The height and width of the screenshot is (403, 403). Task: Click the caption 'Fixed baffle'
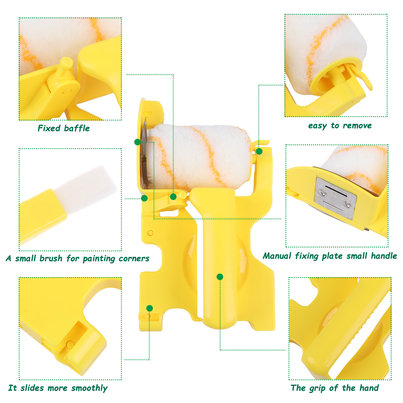tap(64, 128)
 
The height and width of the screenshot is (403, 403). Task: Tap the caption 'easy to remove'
tap(340, 125)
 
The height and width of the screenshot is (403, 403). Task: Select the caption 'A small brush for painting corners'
tap(78, 258)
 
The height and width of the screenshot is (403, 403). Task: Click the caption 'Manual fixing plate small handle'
tap(330, 256)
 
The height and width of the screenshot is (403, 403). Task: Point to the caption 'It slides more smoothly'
tap(58, 388)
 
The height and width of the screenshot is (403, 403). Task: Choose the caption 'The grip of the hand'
tap(335, 388)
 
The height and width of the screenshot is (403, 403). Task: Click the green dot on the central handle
tap(220, 277)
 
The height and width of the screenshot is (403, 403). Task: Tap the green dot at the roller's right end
tap(259, 151)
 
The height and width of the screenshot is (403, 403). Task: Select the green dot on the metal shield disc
tap(138, 142)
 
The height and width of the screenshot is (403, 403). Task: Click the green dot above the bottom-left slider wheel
tap(150, 308)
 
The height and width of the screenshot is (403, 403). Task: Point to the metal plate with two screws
tap(335, 198)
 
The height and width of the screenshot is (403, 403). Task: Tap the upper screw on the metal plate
tap(323, 193)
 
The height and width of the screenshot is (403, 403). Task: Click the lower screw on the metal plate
tap(348, 204)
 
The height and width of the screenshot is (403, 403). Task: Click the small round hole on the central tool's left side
tap(150, 233)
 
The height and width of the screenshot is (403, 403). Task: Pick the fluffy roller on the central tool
tap(199, 157)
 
